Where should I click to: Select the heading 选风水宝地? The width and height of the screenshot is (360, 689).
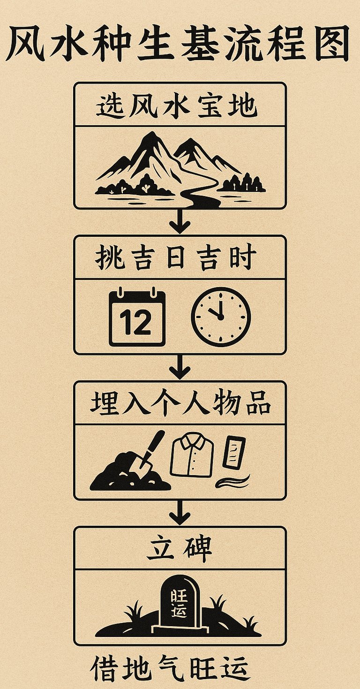click(177, 107)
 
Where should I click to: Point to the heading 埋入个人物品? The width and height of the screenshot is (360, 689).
click(180, 402)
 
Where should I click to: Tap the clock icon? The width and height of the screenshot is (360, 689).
click(221, 317)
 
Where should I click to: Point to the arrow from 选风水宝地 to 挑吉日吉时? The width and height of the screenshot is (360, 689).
click(180, 220)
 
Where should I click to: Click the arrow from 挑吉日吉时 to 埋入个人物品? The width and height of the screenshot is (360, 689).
click(180, 366)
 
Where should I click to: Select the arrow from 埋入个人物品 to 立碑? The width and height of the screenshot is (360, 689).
click(180, 512)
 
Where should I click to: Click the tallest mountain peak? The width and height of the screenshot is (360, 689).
click(152, 134)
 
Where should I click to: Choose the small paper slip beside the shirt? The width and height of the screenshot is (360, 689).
click(234, 452)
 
